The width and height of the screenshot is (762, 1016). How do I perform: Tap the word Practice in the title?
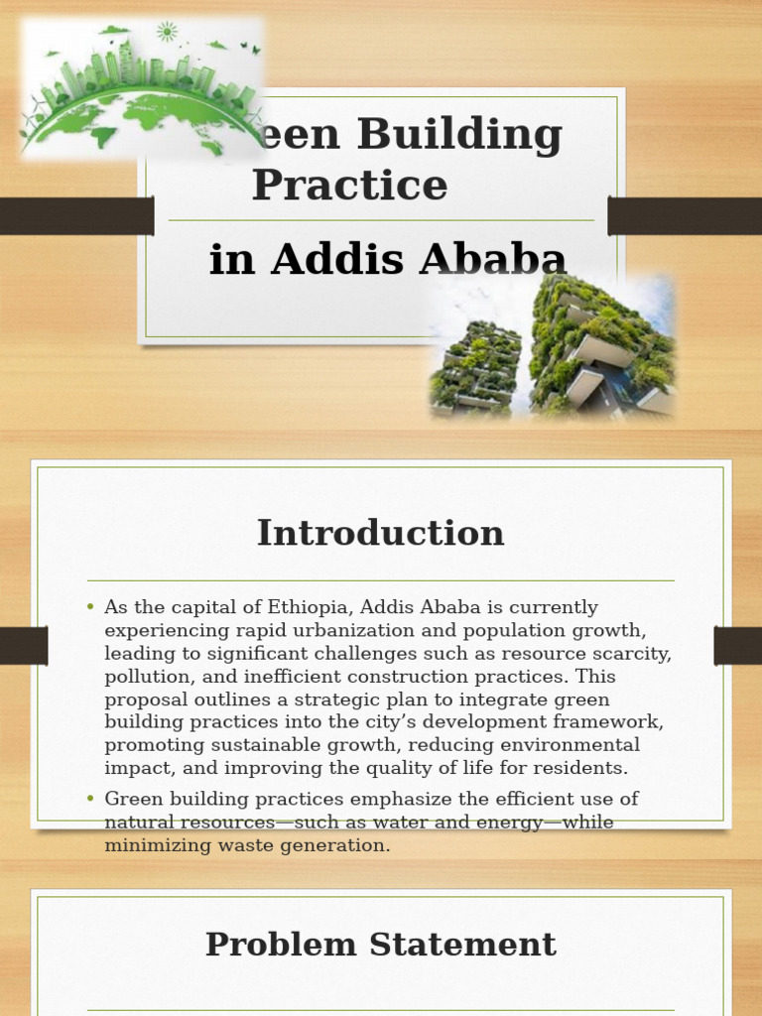[349, 186]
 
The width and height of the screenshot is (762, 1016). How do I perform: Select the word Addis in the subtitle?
[325, 259]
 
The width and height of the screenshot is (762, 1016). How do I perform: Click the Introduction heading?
[380, 533]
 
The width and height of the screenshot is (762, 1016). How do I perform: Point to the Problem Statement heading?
[380, 944]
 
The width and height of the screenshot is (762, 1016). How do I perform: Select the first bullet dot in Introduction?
[90, 606]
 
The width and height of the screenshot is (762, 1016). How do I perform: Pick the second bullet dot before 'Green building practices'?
[90, 798]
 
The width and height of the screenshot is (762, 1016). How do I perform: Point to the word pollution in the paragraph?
[139, 676]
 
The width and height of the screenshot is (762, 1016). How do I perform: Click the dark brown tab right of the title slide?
[685, 215]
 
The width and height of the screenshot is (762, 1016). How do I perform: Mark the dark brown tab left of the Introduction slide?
[24, 646]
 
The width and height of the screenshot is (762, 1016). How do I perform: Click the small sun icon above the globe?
[167, 32]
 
